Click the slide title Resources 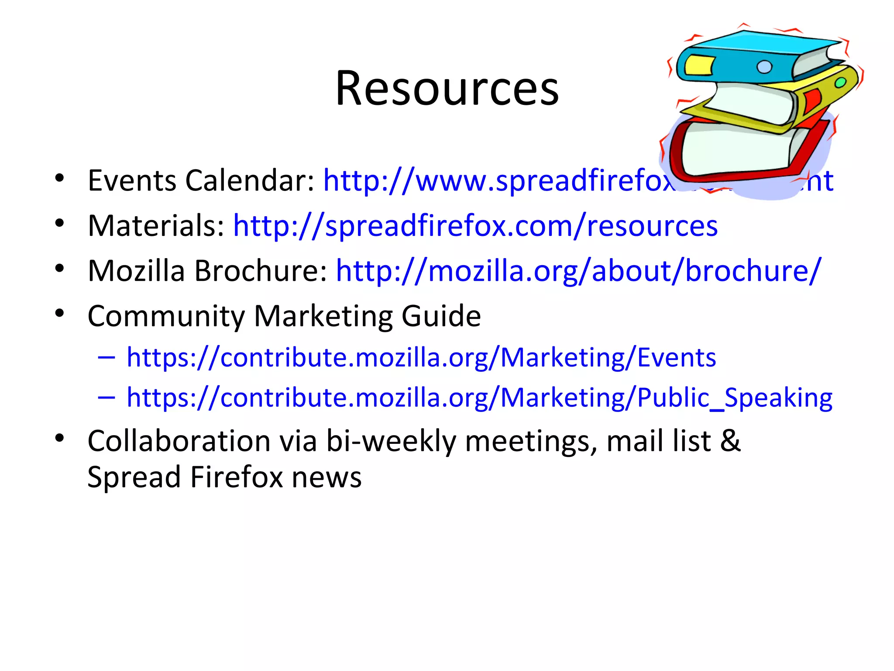coord(447,89)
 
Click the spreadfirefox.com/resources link coord(475,226)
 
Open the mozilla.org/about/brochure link coord(578,271)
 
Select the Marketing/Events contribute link coord(421,357)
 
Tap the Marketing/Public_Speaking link coord(479,398)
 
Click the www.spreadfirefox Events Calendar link coord(498,180)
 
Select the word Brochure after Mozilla coord(260,271)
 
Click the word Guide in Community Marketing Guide coord(441,316)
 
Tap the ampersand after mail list coord(730,440)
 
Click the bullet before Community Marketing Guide coord(60,313)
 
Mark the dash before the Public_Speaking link coord(107,397)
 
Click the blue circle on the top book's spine coord(764,67)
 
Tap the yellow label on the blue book coord(698,66)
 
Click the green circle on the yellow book coord(840,83)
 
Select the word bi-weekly coord(391,440)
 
